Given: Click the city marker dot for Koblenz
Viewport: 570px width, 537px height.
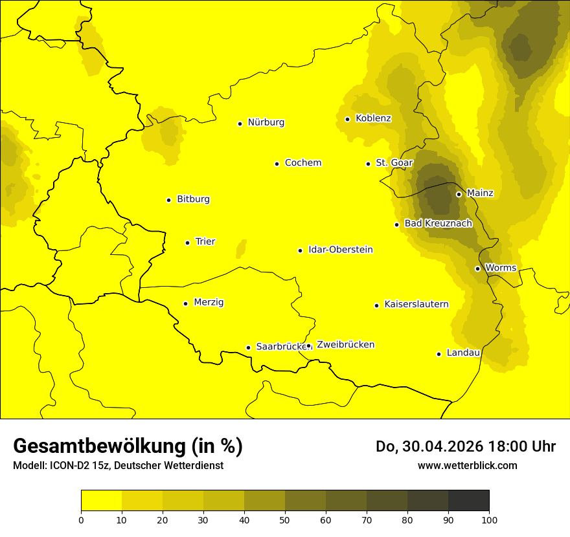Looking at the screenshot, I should pos(347,119).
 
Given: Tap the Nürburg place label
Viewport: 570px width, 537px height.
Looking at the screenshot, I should pos(266,122).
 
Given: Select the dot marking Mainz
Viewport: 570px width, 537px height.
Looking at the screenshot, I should pos(459,194).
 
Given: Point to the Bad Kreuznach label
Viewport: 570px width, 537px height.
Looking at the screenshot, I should pos(438,223).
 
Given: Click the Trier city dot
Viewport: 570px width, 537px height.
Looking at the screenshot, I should pos(187,243).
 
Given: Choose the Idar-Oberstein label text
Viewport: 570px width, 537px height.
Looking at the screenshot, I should pos(340,250).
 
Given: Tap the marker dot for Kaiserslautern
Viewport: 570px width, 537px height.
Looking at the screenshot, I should pos(376,305).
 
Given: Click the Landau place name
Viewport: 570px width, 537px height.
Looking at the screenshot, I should pos(463,353).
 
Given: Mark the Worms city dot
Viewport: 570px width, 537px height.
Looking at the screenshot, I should pos(477,268).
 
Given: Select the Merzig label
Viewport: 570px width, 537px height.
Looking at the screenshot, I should pos(209,302).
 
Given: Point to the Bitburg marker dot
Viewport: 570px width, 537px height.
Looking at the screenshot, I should pos(168,200).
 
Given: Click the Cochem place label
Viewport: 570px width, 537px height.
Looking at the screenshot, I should pos(302,163).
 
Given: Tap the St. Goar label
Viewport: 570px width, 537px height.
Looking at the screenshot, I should pos(394,163).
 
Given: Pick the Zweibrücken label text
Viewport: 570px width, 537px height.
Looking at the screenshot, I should pos(345,345).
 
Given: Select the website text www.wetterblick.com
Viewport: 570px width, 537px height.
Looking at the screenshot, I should pos(467,465).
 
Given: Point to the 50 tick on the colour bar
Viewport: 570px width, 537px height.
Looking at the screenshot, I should pos(285,520).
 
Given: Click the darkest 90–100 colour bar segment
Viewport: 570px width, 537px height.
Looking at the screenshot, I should pos(468,500).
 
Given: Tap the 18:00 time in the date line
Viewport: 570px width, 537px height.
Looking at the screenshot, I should pos(505,446).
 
